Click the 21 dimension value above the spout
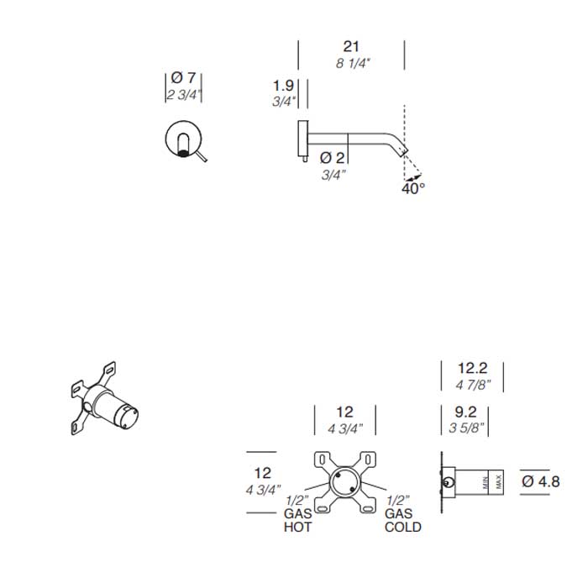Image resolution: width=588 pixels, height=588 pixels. click(x=351, y=46)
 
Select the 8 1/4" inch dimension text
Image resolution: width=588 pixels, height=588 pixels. click(x=353, y=63)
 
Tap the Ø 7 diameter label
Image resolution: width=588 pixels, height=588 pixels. click(x=183, y=78)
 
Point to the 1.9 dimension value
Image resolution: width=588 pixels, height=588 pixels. click(x=283, y=86)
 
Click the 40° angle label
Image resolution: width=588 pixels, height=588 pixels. click(x=413, y=188)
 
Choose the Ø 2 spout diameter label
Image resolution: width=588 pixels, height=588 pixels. click(x=332, y=158)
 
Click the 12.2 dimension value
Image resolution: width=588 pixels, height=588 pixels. click(x=472, y=368)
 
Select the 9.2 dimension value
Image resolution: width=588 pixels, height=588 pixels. click(x=465, y=412)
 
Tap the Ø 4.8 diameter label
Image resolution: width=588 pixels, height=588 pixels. click(x=540, y=481)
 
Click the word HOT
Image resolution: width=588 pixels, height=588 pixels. click(x=297, y=527)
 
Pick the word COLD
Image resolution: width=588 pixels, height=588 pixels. click(x=402, y=527)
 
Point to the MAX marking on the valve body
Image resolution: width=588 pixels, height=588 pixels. click(x=498, y=482)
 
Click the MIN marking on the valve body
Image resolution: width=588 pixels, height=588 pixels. click(x=486, y=482)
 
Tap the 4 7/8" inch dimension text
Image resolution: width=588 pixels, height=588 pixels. click(x=473, y=385)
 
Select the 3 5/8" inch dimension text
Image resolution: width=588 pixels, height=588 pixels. click(x=466, y=428)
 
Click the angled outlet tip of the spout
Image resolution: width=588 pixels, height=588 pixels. click(x=403, y=151)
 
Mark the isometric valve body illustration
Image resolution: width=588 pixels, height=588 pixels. click(x=104, y=399)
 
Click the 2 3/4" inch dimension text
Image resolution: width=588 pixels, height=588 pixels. click(x=182, y=95)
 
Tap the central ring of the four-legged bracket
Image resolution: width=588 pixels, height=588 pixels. click(x=344, y=482)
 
